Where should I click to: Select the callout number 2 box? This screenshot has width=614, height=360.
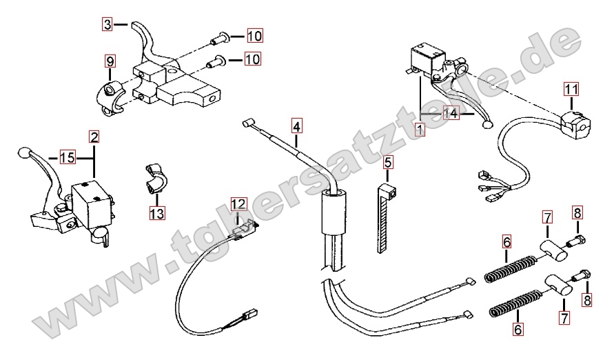pyautogui.click(x=94, y=137)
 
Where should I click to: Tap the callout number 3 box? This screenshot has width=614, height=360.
pyautogui.click(x=107, y=24)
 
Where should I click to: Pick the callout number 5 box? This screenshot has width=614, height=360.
pyautogui.click(x=388, y=163)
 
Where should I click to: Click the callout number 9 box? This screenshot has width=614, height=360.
pyautogui.click(x=110, y=61)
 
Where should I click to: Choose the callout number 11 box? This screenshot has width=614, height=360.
pyautogui.click(x=571, y=89)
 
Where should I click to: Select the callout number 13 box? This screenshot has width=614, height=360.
pyautogui.click(x=157, y=213)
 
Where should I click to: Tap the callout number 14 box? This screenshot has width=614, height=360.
pyautogui.click(x=451, y=114)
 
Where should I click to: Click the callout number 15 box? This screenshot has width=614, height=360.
pyautogui.click(x=67, y=157)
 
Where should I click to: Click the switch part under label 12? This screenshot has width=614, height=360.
pyautogui.click(x=243, y=229)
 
